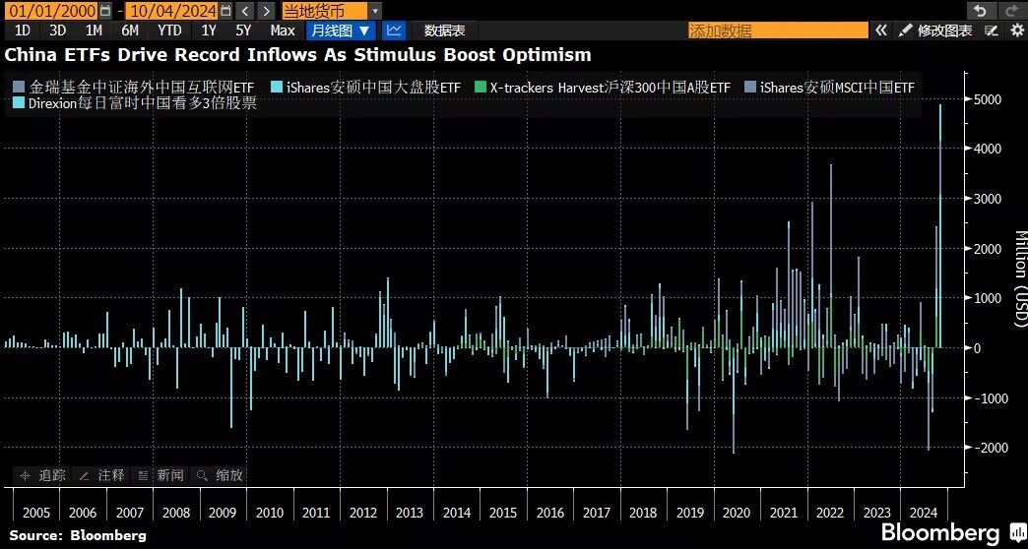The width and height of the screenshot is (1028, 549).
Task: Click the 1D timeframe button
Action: [x=23, y=30]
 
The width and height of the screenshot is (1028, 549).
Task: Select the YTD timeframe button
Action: [x=169, y=30]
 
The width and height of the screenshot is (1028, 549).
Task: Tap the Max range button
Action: [x=283, y=30]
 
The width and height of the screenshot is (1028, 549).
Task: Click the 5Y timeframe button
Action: [x=243, y=30]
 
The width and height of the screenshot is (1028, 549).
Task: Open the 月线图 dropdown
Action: [x=341, y=30]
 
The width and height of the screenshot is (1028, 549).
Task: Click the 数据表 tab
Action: [x=444, y=30]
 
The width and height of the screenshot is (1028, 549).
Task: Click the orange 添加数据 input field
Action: [x=778, y=30]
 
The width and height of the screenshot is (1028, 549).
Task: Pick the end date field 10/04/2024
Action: [x=171, y=11]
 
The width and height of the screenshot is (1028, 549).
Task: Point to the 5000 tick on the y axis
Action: [x=986, y=99]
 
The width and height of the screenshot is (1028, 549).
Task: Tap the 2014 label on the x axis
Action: [x=456, y=513]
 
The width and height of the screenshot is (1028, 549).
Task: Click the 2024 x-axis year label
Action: [x=924, y=513]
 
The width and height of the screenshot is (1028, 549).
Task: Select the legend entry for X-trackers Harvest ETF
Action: [x=603, y=88]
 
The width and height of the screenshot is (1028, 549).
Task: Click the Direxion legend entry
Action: [x=134, y=103]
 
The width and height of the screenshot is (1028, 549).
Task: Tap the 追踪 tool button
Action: [x=42, y=475]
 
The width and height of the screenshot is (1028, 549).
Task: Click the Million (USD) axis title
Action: [x=1019, y=277]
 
